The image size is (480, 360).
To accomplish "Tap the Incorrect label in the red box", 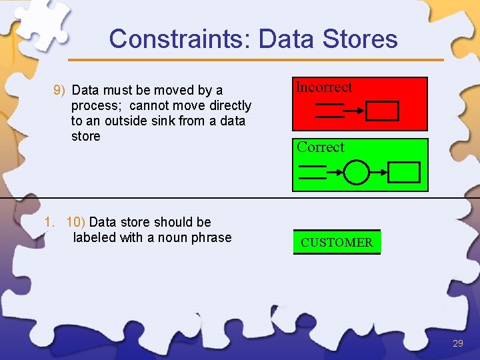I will coord(324,87).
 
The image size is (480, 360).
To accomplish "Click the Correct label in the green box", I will coord(321,147).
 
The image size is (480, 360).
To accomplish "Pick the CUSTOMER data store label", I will coord(337,243).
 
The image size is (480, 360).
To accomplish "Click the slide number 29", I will coord(457,343).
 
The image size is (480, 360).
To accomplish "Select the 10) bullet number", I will coord(75,222).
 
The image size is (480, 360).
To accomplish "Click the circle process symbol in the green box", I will coord(357,173).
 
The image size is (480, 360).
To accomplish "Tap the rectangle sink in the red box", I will coord(383,111).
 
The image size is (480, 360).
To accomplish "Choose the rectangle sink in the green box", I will coord(404,173).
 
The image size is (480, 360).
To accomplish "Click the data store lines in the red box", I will coord(329,111).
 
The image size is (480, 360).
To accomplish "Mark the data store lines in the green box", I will coord(312,173).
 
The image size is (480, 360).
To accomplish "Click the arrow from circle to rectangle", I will coord(378,173).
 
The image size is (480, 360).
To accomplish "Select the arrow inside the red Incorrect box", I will coord(355,111).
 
